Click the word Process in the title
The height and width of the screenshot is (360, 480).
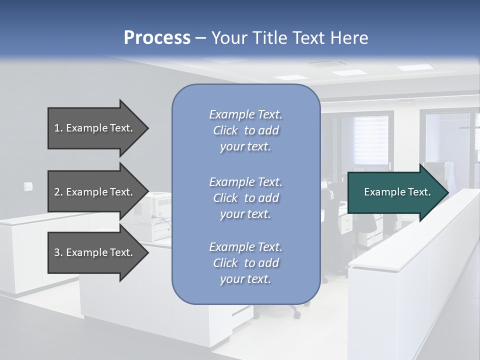pyautogui.click(x=157, y=38)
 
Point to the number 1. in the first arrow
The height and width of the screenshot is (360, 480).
pyautogui.click(x=58, y=128)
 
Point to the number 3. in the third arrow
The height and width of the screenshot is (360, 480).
pyautogui.click(x=58, y=252)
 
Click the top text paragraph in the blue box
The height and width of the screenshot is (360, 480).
pyautogui.click(x=245, y=130)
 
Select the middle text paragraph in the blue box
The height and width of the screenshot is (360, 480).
pyautogui.click(x=245, y=198)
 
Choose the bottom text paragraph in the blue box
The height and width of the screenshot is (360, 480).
pyautogui.click(x=245, y=263)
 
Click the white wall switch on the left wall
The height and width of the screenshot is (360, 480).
pyautogui.click(x=28, y=186)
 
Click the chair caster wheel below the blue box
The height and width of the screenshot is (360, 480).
pyautogui.click(x=297, y=315)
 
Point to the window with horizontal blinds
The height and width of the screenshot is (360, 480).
pyautogui.click(x=371, y=140)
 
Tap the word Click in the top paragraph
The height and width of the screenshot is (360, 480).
pyautogui.click(x=225, y=130)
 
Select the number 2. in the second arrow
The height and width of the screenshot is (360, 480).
pyautogui.click(x=58, y=192)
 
